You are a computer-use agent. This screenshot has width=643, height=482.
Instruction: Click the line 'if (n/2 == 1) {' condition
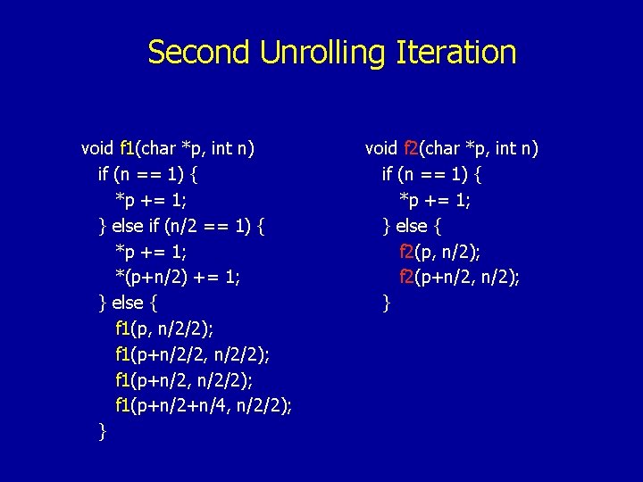pyautogui.click(x=203, y=226)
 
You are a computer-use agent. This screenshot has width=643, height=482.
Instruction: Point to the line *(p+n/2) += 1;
pyautogui.click(x=177, y=278)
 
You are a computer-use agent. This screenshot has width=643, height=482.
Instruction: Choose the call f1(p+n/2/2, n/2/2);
pyautogui.click(x=192, y=355)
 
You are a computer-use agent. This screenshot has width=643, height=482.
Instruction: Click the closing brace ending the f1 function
pyautogui.click(x=103, y=432)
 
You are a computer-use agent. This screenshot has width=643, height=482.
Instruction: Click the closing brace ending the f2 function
pyautogui.click(x=387, y=303)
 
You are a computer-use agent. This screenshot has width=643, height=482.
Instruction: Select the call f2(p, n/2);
pyautogui.click(x=445, y=252)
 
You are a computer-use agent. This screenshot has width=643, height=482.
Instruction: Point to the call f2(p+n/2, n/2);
pyautogui.click(x=460, y=278)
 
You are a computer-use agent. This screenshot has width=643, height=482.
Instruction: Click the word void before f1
pyautogui.click(x=97, y=148)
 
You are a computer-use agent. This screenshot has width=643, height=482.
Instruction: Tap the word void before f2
pyautogui.click(x=381, y=148)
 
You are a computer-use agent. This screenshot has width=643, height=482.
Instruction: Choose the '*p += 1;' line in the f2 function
pyautogui.click(x=435, y=200)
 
